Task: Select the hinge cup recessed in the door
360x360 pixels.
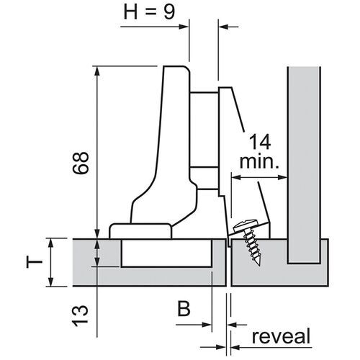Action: [x=167, y=253]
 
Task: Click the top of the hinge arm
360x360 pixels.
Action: [x=177, y=72]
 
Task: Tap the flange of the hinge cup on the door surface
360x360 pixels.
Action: [x=140, y=231]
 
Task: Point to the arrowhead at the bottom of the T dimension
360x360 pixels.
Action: [x=53, y=282]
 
